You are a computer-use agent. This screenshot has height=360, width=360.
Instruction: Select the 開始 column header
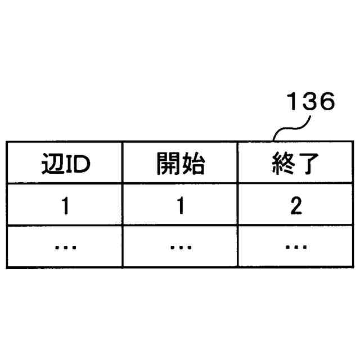180,165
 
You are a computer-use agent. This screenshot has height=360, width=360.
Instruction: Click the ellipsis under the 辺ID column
65,246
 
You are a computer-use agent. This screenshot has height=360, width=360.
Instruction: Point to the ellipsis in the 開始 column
180,246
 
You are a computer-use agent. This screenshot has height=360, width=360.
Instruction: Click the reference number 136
311,102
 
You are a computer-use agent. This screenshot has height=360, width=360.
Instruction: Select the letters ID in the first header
76,165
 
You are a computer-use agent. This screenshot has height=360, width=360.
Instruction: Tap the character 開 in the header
168,165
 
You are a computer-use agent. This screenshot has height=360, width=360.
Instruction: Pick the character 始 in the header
192,165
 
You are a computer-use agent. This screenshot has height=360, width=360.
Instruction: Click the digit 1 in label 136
294,102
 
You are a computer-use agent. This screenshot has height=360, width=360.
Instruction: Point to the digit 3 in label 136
310,102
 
